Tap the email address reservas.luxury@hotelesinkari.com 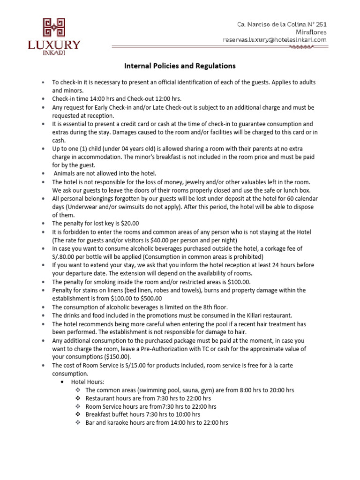click(274, 40)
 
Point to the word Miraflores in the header click(311, 32)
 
